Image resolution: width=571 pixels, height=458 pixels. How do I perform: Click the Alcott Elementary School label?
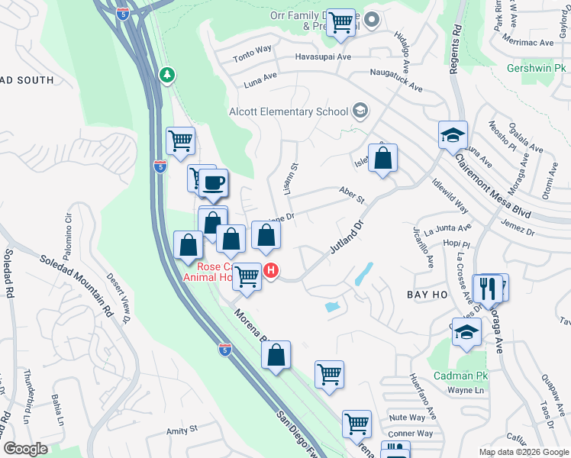coord(289,112)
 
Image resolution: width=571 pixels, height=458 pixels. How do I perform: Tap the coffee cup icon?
coord(215,182)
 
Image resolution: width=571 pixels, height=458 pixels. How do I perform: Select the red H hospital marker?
coord(270,270)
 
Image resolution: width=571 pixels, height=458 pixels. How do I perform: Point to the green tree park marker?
coord(166,75)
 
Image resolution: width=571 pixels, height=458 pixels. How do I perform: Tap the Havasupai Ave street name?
coord(324,57)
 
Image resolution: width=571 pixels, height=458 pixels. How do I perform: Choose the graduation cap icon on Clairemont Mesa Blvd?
coord(453,134)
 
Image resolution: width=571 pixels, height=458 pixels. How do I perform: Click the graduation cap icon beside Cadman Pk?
coord(466,331)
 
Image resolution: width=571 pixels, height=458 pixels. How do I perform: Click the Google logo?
coord(26,449)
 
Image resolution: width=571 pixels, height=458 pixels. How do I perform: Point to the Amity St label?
coord(182,430)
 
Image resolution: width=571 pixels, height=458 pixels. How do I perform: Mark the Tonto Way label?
coord(253,50)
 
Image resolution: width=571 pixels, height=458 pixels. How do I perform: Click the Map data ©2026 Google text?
coord(523,451)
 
